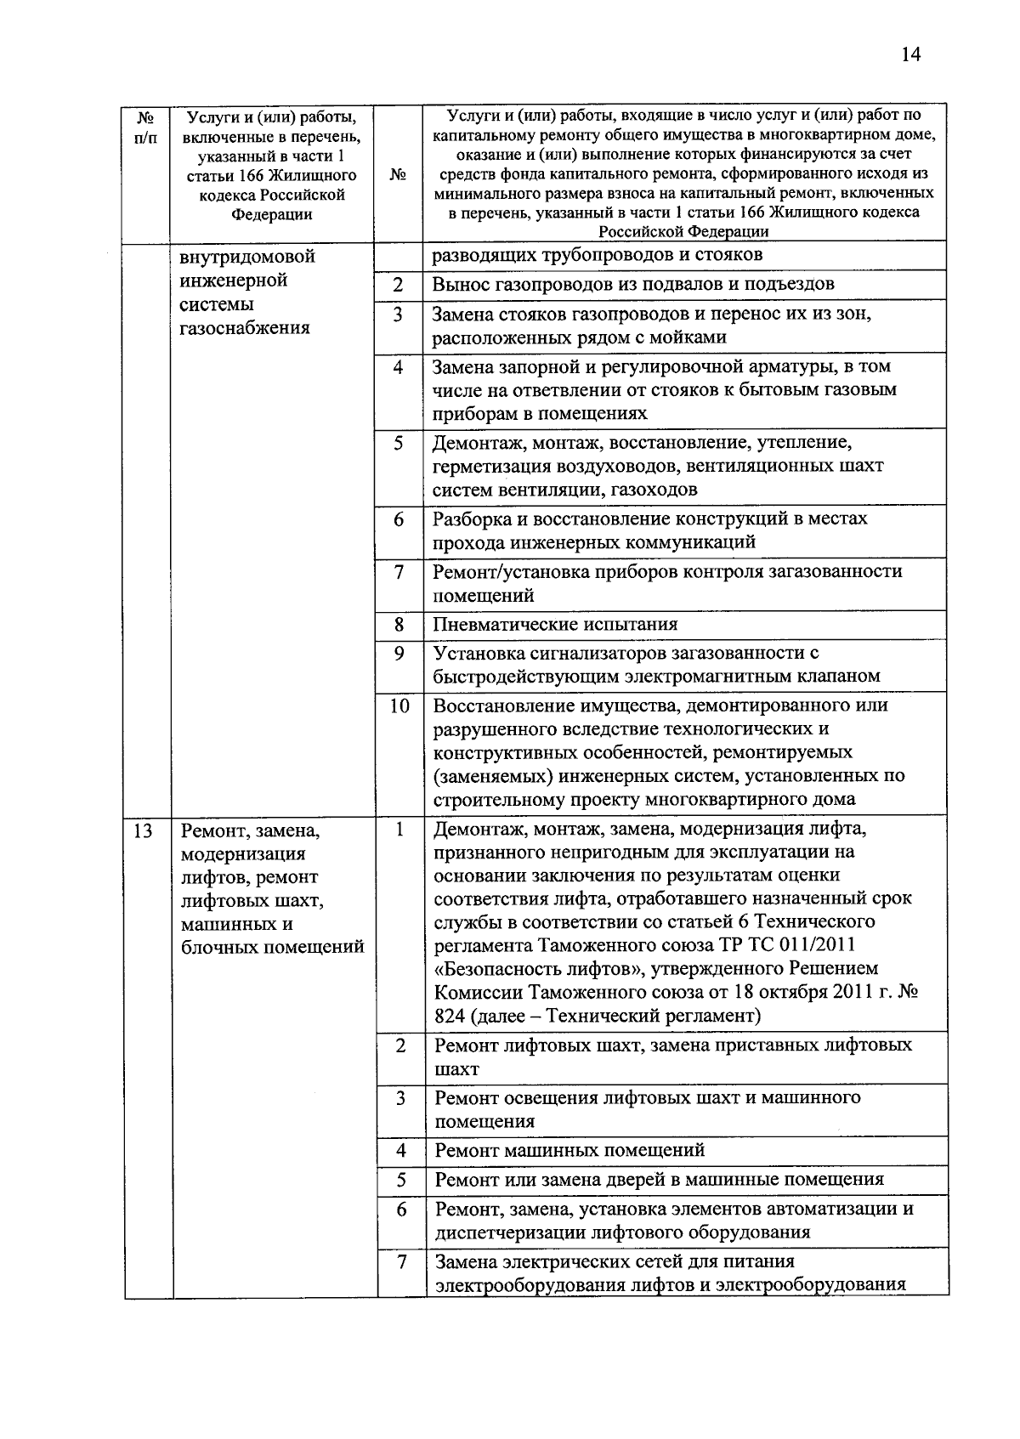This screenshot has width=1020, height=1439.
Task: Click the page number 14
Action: tap(909, 55)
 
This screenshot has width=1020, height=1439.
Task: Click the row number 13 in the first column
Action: tap(142, 830)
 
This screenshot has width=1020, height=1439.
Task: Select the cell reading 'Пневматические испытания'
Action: tap(555, 625)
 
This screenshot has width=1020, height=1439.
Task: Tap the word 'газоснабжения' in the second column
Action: tap(245, 328)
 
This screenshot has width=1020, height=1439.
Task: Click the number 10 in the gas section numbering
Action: tap(399, 706)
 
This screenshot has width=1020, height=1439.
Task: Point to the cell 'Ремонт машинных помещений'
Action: tap(569, 1151)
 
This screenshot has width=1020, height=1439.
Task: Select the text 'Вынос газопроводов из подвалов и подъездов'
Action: tap(633, 284)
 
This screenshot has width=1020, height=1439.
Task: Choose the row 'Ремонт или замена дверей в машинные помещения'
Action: tap(659, 1180)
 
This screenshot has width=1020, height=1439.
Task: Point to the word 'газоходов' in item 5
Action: tap(652, 490)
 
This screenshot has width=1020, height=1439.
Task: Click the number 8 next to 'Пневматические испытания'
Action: tap(399, 625)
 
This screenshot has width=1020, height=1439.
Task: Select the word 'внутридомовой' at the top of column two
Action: tap(247, 257)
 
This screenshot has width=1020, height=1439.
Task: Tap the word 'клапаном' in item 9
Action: tap(836, 677)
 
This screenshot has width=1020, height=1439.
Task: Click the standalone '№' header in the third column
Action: tap(398, 174)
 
